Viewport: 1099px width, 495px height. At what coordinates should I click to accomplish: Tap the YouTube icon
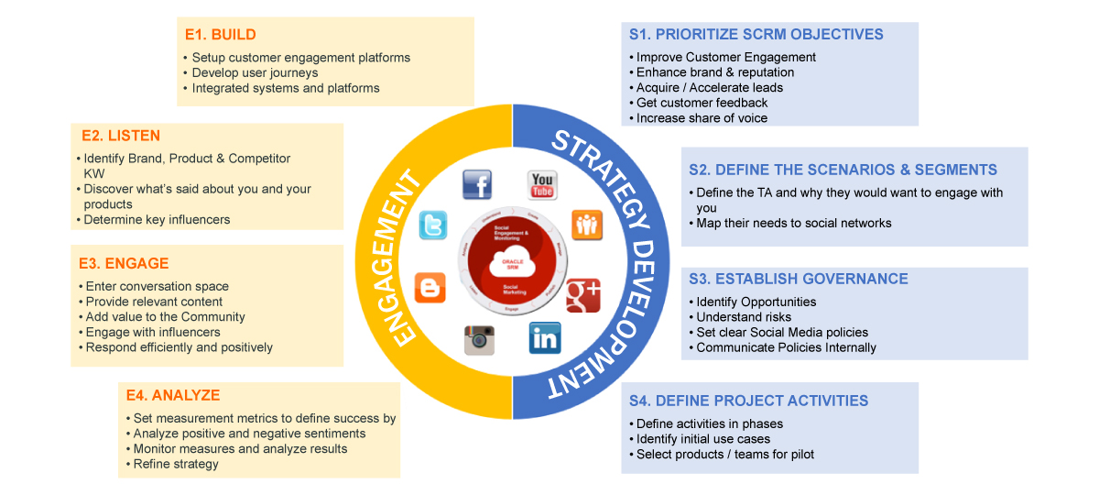[x=542, y=183]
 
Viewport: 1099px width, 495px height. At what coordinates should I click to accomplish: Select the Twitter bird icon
[x=433, y=225]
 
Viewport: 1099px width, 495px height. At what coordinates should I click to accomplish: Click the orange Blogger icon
[x=430, y=288]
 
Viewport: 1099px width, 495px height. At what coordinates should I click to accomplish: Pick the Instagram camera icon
[x=479, y=339]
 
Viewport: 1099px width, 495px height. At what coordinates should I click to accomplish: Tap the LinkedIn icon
[x=544, y=339]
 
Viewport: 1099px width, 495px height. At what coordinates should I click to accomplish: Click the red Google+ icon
[x=583, y=293]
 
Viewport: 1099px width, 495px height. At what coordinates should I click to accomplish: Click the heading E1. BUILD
[x=220, y=35]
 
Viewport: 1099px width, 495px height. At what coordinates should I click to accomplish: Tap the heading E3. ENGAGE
[x=124, y=263]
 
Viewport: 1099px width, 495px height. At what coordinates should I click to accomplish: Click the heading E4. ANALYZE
[x=173, y=395]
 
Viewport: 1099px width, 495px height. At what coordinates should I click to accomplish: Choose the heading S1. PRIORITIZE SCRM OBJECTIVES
[x=756, y=35]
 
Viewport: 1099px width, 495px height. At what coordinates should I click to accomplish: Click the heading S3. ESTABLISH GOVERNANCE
[x=798, y=279]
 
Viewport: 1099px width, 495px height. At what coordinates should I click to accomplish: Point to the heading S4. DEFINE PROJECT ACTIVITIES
[x=748, y=401]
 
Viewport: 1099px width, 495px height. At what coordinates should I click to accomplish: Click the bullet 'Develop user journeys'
[x=255, y=72]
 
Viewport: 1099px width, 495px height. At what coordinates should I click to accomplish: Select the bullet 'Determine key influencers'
[x=157, y=219]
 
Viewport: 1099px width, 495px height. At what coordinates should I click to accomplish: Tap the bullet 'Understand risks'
[x=744, y=317]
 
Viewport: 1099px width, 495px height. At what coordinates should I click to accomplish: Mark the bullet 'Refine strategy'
[x=176, y=464]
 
